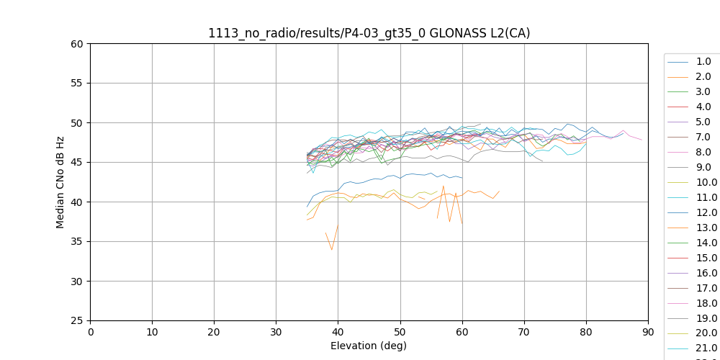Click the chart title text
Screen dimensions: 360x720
[369, 33]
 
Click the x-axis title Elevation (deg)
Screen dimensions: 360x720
[369, 346]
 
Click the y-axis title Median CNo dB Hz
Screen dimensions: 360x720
[60, 182]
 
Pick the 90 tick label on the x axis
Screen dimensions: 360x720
[648, 332]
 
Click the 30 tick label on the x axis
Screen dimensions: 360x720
[276, 332]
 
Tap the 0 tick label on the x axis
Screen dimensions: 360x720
[91, 332]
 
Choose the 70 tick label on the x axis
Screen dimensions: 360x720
[524, 332]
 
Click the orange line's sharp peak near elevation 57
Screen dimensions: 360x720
[444, 186]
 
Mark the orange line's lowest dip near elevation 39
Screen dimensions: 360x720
[332, 250]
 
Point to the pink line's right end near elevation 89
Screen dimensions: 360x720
[642, 140]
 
